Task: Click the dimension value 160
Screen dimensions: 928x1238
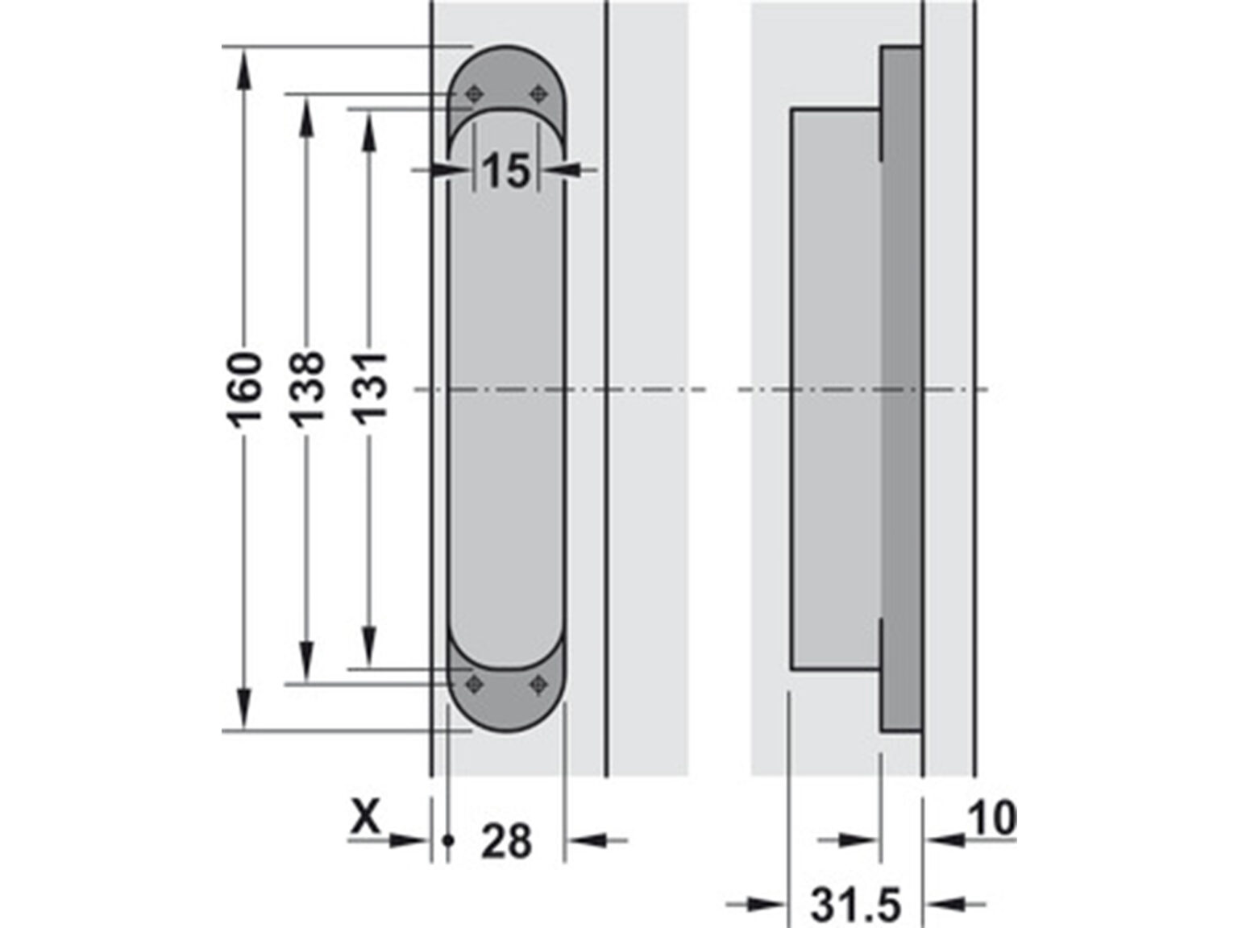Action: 244,388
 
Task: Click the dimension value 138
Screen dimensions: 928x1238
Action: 307,388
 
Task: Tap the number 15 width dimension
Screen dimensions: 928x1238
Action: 506,171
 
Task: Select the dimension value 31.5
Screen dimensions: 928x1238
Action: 854,905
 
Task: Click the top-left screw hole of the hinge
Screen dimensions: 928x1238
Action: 473,95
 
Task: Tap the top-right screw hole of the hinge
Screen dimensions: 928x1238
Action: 537,95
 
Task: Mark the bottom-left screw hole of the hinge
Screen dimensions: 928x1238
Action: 473,685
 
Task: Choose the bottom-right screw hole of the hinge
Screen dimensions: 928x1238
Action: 537,685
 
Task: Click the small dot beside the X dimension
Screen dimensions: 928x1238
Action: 449,841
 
